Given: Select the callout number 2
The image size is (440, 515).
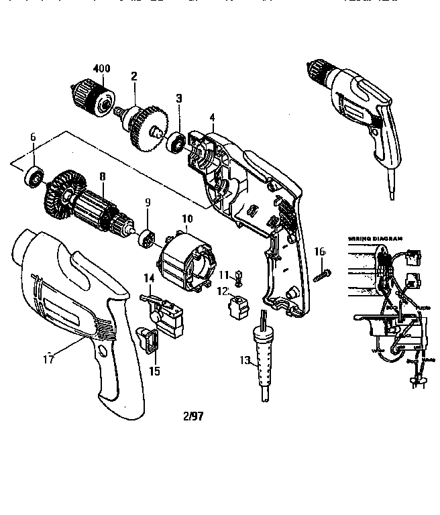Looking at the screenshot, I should point(135,77).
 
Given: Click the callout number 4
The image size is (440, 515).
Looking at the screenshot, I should point(212,118).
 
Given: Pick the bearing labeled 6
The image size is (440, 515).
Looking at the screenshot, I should point(34,178).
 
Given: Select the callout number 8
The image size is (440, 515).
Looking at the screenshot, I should point(102,176).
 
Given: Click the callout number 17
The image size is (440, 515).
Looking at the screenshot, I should point(48,359).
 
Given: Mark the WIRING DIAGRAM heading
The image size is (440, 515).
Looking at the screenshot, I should point(375,238).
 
